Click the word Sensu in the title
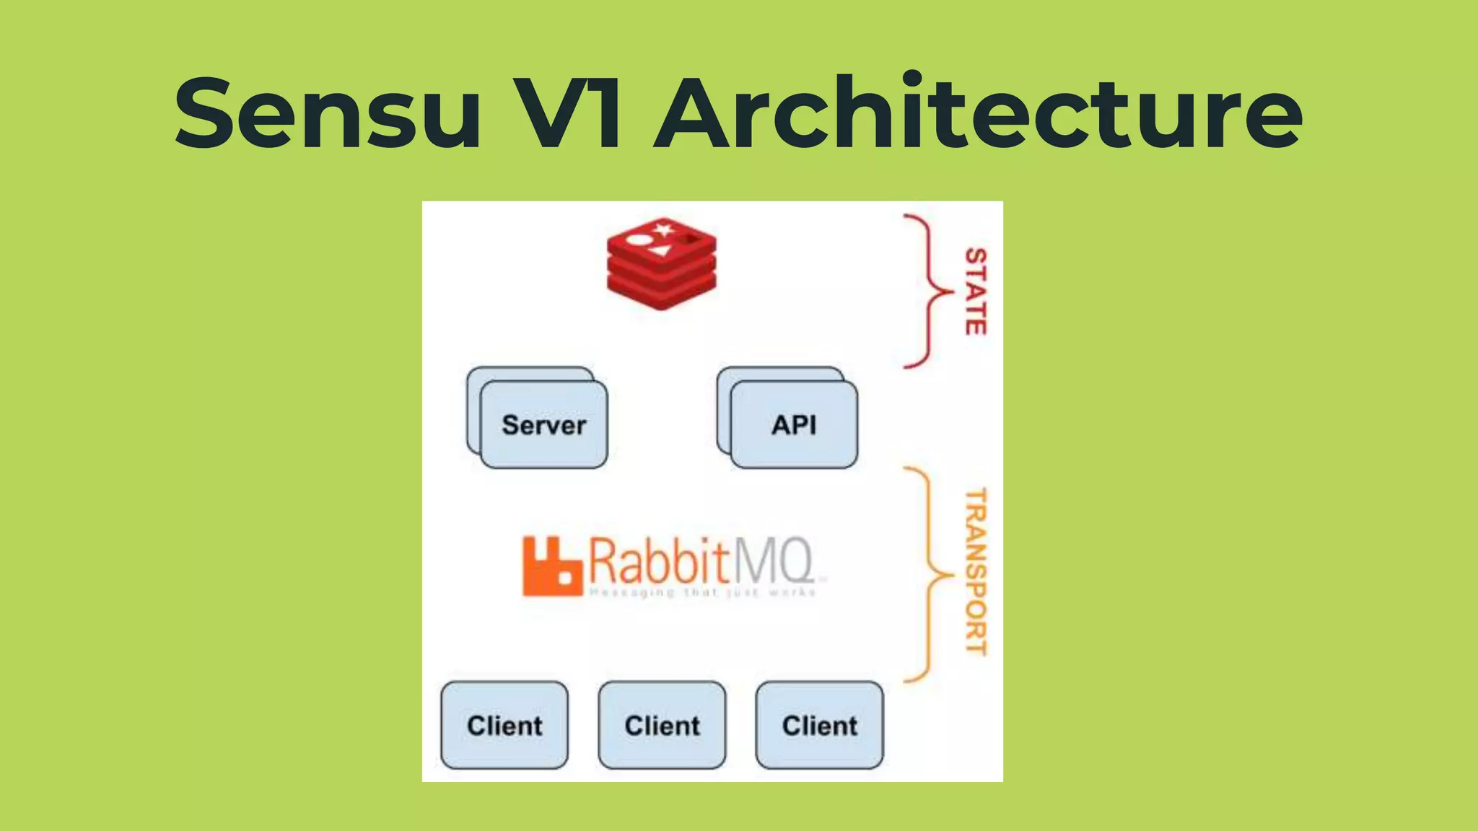(x=328, y=114)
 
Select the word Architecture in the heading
(x=978, y=114)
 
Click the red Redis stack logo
(x=662, y=264)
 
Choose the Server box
(x=543, y=425)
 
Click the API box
(x=794, y=425)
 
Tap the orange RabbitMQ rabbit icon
(x=551, y=567)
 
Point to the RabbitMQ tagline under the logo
(x=702, y=593)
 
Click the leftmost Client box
(x=504, y=725)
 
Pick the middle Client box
(x=662, y=725)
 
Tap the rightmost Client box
(x=819, y=725)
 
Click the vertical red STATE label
(x=976, y=291)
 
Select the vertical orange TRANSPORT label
(x=976, y=571)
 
